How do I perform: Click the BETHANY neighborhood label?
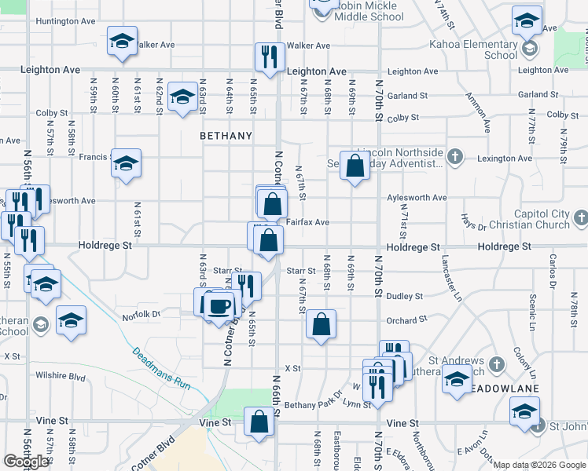coord(226,136)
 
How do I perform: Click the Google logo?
coord(26,461)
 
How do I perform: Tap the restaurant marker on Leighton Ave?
coord(268,57)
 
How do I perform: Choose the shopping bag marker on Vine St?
coord(259,422)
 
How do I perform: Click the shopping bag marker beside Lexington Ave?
coord(355,165)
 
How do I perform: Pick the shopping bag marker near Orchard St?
coord(321,324)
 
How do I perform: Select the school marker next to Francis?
coord(126,163)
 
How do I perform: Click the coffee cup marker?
coord(219,305)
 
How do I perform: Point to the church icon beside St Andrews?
coord(496,364)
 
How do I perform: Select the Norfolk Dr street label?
coord(141,316)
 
